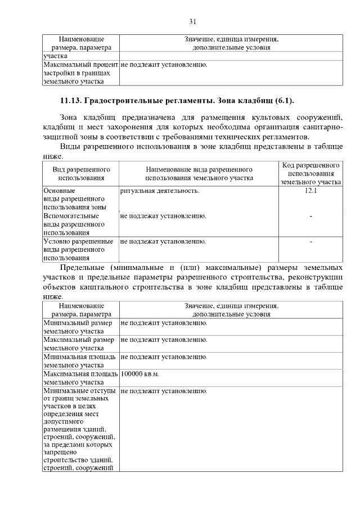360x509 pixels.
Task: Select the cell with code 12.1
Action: click(310, 191)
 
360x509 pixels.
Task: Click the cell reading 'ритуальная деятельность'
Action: click(160, 191)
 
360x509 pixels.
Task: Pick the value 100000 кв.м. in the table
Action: click(140, 373)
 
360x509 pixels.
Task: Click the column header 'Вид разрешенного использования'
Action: click(81, 173)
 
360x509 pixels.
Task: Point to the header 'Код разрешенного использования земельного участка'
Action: click(310, 173)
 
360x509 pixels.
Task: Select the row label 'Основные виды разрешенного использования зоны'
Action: click(74, 199)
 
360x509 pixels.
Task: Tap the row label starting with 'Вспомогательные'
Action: click(74, 224)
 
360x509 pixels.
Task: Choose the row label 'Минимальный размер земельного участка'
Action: click(79, 327)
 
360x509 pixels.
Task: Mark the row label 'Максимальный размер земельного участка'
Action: click(79, 344)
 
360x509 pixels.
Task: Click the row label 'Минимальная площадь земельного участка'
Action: click(80, 361)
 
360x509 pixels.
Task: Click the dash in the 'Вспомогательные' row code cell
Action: click(310, 216)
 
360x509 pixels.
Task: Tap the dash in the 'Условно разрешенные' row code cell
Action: click(310, 241)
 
